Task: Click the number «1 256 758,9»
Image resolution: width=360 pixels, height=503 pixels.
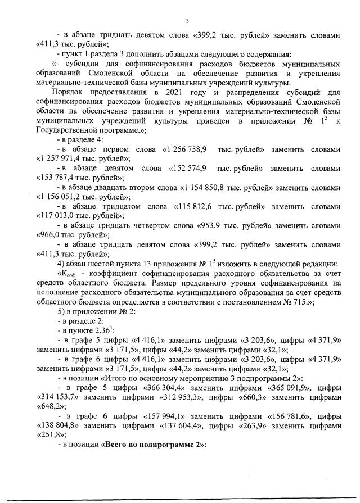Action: tap(187, 151)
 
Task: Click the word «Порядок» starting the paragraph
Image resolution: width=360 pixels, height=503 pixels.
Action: tap(69, 92)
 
